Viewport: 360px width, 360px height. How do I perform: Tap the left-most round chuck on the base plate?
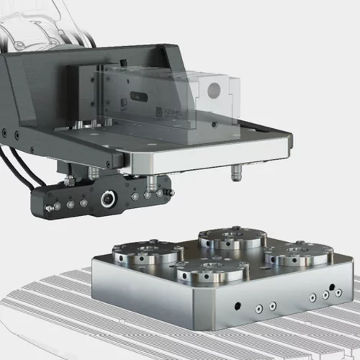[148, 253]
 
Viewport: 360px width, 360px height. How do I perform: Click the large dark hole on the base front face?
[238, 306]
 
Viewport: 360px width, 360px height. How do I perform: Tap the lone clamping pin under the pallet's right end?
[235, 174]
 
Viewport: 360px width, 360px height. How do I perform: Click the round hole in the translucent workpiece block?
[214, 89]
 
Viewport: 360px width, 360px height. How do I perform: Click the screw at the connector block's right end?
[168, 192]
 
